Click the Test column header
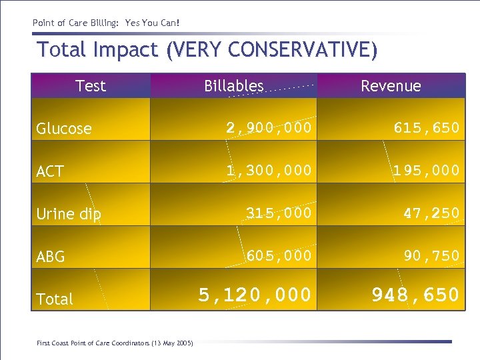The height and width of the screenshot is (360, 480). pos(91,86)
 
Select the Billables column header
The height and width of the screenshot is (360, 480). pos(233,86)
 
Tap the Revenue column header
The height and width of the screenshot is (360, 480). pos(391,86)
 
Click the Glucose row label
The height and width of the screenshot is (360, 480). pos(64,129)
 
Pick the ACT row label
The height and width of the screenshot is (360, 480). pos(50,171)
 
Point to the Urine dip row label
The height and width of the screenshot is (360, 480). pos(69,214)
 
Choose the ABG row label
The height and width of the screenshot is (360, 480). pos(51,257)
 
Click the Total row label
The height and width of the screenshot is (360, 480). pos(55,299)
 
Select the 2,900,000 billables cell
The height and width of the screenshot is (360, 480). pos(268,128)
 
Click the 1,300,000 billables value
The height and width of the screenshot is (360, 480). pos(268,171)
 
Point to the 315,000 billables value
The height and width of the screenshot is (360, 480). pos(278,213)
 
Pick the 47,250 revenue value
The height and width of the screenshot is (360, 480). pos(431,213)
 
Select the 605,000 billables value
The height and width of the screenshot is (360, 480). pos(278,256)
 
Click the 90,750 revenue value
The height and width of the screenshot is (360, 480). pos(431,256)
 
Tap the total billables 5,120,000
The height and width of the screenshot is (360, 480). pos(255,295)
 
